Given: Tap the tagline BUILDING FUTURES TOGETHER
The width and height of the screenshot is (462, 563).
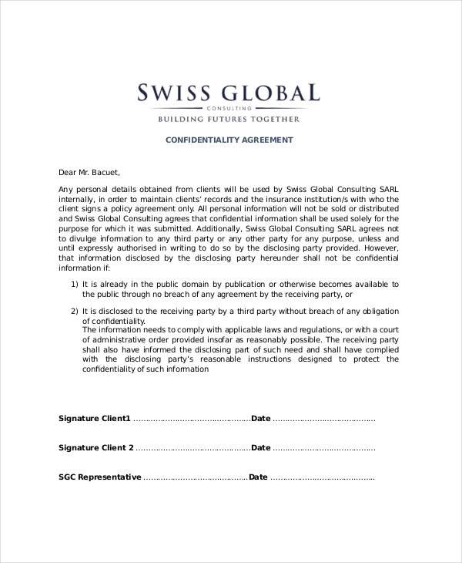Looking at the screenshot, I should [x=229, y=120].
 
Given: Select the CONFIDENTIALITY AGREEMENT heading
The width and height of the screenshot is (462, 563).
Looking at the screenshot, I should [x=230, y=140].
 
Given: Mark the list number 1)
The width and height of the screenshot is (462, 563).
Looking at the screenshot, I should [x=75, y=284].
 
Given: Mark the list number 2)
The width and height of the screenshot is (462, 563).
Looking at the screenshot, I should [x=75, y=311].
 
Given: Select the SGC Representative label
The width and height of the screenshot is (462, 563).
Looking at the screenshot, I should [x=100, y=477].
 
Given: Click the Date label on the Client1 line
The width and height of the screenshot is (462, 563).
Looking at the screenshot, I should [x=261, y=419].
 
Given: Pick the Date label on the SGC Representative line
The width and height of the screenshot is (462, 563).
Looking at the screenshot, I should [x=258, y=477].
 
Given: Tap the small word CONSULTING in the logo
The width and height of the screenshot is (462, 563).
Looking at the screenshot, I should [x=229, y=109].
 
